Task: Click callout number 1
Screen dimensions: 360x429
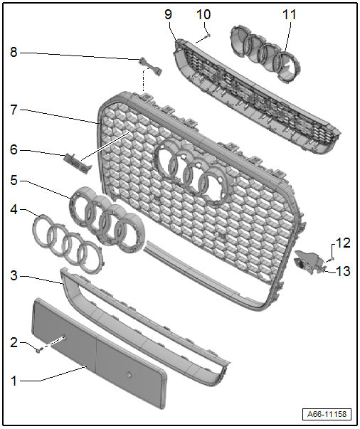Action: tap(14, 381)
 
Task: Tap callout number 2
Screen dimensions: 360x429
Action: tap(14, 342)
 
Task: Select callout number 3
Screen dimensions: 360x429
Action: tap(14, 275)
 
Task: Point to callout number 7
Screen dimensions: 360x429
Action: tap(14, 110)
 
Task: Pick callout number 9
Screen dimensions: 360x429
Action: tap(169, 14)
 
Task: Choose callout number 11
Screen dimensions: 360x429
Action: tap(289, 14)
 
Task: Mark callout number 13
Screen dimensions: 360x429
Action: tap(343, 271)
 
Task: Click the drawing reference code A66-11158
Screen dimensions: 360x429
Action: tap(327, 414)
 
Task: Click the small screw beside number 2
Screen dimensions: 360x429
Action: tap(38, 349)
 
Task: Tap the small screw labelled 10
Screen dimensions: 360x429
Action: tap(208, 36)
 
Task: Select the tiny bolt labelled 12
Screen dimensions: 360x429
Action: tap(332, 258)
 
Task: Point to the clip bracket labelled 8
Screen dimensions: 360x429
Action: tap(150, 66)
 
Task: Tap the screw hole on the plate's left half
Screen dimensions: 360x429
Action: tap(63, 337)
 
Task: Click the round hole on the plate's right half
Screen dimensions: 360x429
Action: tap(129, 374)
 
